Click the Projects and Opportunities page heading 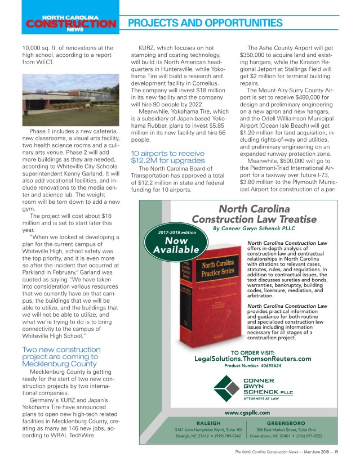coord(205,23)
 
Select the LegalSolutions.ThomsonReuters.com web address coord(252,359)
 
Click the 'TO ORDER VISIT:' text coord(252,351)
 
